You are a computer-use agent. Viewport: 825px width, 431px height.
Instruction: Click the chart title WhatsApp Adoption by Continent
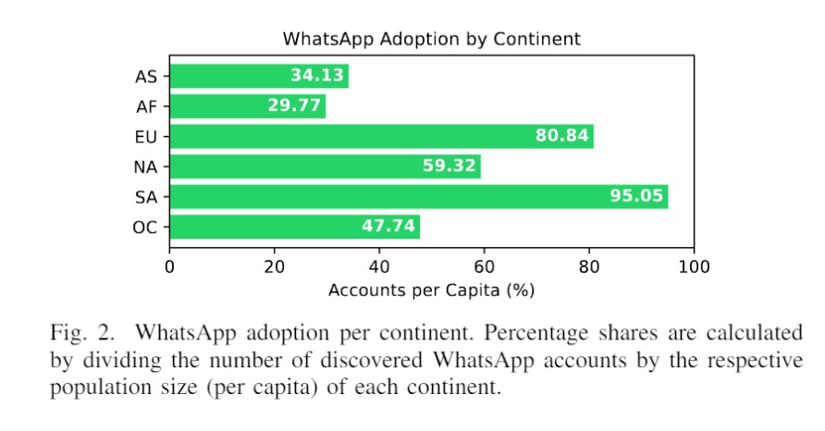coord(431,39)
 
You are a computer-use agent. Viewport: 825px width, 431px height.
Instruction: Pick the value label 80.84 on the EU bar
coord(561,137)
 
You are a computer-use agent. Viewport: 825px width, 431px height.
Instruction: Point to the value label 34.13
coord(316,76)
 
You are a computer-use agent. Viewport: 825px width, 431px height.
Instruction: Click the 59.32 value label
coord(449,166)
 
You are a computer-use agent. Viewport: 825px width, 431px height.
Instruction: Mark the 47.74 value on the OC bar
coord(388,228)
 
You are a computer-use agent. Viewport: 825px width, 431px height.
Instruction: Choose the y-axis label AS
coord(146,76)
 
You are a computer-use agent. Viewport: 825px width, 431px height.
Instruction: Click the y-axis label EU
coord(146,137)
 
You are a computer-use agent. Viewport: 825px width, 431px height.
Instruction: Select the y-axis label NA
coord(146,167)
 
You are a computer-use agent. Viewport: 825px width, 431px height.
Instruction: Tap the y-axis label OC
coord(146,228)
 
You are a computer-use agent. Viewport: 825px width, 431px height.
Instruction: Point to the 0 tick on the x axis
coord(169,267)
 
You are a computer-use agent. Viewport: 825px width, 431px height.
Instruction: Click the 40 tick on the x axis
coord(378,267)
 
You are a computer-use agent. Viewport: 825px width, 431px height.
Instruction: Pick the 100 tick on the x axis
coord(693,267)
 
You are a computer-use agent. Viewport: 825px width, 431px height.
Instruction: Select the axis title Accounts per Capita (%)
coord(431,290)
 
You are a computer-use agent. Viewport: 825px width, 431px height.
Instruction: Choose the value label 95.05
coord(636,197)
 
